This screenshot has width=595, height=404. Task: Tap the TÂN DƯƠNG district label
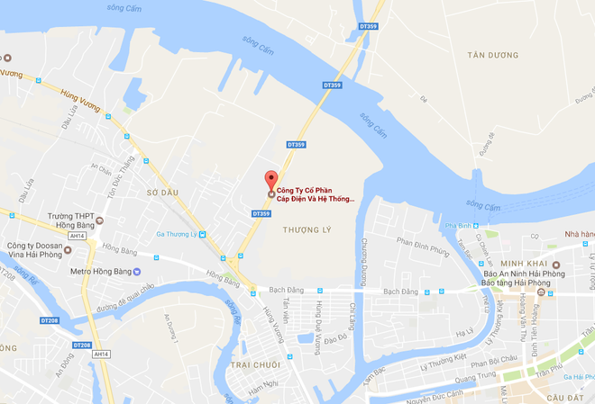(x=496, y=55)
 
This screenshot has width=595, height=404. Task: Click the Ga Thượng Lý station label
(x=179, y=233)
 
